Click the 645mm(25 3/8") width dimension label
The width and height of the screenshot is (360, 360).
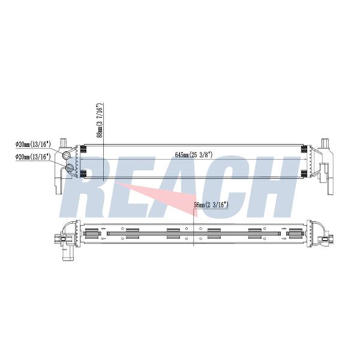tap(194, 155)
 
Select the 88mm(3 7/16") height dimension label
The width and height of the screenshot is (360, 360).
tap(100, 121)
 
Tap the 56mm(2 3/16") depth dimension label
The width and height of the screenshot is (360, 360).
tap(211, 205)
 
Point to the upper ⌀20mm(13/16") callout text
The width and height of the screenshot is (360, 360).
tap(33, 145)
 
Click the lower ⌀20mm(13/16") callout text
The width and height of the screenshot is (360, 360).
tap(33, 157)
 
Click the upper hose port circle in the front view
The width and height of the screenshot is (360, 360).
tap(67, 155)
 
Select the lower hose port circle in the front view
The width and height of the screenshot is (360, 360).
tap(70, 168)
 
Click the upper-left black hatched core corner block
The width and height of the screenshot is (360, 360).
tap(83, 149)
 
